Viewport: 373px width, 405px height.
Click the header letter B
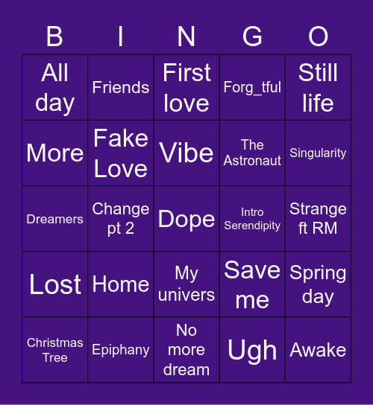click(x=55, y=36)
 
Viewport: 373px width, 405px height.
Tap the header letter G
click(x=252, y=36)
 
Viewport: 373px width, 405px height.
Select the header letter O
click(x=318, y=36)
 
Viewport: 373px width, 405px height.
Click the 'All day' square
click(x=55, y=87)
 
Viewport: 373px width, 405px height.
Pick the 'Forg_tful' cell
click(x=252, y=87)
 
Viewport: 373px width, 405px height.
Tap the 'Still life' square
click(x=318, y=87)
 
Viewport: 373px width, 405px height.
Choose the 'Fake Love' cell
click(x=121, y=153)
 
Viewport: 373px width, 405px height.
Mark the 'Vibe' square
click(x=186, y=153)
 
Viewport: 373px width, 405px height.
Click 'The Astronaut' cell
click(x=252, y=153)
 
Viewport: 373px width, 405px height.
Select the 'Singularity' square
click(x=318, y=153)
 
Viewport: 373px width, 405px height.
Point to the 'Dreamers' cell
click(x=55, y=219)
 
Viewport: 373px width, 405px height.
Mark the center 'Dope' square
click(x=186, y=219)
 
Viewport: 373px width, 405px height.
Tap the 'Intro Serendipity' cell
click(x=252, y=219)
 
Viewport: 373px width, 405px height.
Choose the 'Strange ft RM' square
click(x=318, y=219)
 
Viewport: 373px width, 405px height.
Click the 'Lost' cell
click(x=55, y=284)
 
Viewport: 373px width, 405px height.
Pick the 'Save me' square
click(x=252, y=284)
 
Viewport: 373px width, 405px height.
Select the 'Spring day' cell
click(x=318, y=284)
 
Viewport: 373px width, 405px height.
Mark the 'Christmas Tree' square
click(x=55, y=350)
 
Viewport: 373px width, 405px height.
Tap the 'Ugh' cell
click(x=252, y=350)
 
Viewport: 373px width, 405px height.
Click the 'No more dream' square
click(x=186, y=350)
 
